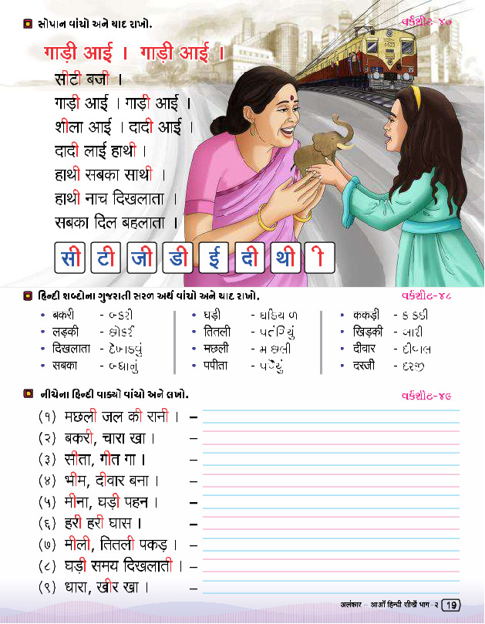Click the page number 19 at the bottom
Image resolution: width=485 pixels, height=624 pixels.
[x=452, y=605]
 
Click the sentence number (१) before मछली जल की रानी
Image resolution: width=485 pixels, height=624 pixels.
[x=48, y=417]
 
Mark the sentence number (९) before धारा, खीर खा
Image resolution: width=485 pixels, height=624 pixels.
[x=48, y=588]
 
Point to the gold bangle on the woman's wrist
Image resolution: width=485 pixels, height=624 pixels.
[x=267, y=218]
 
